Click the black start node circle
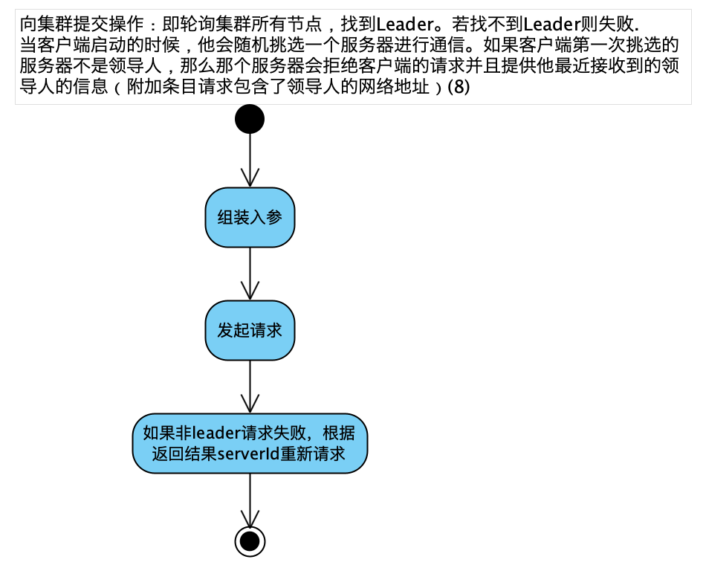click(x=250, y=118)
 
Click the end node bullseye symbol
click(x=250, y=540)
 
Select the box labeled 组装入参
click(x=250, y=217)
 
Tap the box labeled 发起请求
click(x=250, y=330)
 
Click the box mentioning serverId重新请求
click(x=250, y=443)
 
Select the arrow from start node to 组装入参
click(x=250, y=160)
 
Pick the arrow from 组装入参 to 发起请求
click(x=250, y=274)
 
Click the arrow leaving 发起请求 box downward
click(x=250, y=387)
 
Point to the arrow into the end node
click(x=250, y=500)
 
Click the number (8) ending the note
click(x=458, y=87)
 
